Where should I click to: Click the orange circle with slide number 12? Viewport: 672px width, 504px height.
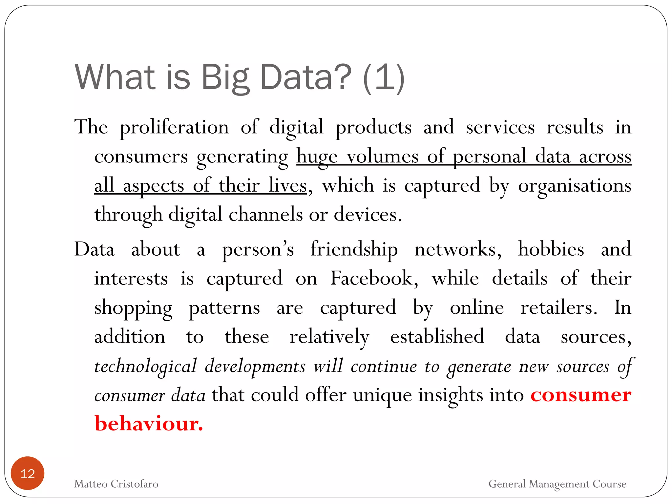(28, 473)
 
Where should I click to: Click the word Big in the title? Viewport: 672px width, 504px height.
(225, 78)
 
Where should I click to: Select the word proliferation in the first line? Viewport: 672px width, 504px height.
(174, 127)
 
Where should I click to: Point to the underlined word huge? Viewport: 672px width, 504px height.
(317, 157)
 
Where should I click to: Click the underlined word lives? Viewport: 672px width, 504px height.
(287, 185)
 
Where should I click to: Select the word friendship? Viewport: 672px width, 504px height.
(354, 249)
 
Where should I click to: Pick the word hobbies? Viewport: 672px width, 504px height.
(551, 249)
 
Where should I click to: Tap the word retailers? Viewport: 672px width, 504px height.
(558, 308)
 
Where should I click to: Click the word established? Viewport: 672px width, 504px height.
(437, 337)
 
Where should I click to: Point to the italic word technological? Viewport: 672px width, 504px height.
(146, 366)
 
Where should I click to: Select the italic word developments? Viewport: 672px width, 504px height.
(255, 366)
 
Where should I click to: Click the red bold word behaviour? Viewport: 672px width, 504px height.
(149, 424)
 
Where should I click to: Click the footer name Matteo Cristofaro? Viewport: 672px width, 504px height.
(116, 484)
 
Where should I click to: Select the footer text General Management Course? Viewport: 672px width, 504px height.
(557, 484)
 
